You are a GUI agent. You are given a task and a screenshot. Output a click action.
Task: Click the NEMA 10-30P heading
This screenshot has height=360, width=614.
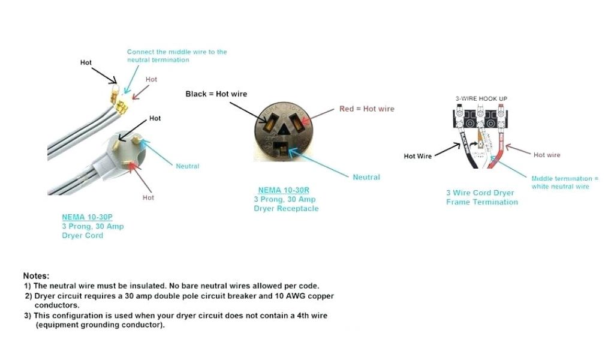(x=86, y=217)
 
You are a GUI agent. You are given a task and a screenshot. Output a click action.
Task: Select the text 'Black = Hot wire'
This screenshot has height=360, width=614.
(x=216, y=94)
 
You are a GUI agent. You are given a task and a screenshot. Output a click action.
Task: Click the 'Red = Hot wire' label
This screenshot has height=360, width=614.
(x=367, y=109)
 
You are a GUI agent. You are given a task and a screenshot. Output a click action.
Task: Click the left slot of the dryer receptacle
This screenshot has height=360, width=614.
(x=265, y=118)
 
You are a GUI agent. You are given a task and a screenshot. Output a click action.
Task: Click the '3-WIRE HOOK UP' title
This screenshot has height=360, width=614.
(x=481, y=98)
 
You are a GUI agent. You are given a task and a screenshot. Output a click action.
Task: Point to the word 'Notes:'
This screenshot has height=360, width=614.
(x=36, y=275)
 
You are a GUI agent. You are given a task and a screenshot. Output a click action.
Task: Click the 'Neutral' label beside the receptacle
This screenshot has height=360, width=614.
(x=366, y=178)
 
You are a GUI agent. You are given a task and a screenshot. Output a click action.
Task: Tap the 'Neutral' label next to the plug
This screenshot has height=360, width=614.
(x=187, y=166)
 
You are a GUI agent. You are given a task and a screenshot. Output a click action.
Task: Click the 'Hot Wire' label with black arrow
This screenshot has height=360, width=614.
(x=417, y=157)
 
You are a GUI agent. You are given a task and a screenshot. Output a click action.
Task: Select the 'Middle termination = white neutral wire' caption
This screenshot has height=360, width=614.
(x=564, y=182)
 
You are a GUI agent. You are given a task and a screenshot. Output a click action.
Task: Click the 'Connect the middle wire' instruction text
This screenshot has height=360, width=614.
(x=177, y=56)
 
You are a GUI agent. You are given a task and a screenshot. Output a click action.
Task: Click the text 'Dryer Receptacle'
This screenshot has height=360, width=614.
(x=286, y=209)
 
